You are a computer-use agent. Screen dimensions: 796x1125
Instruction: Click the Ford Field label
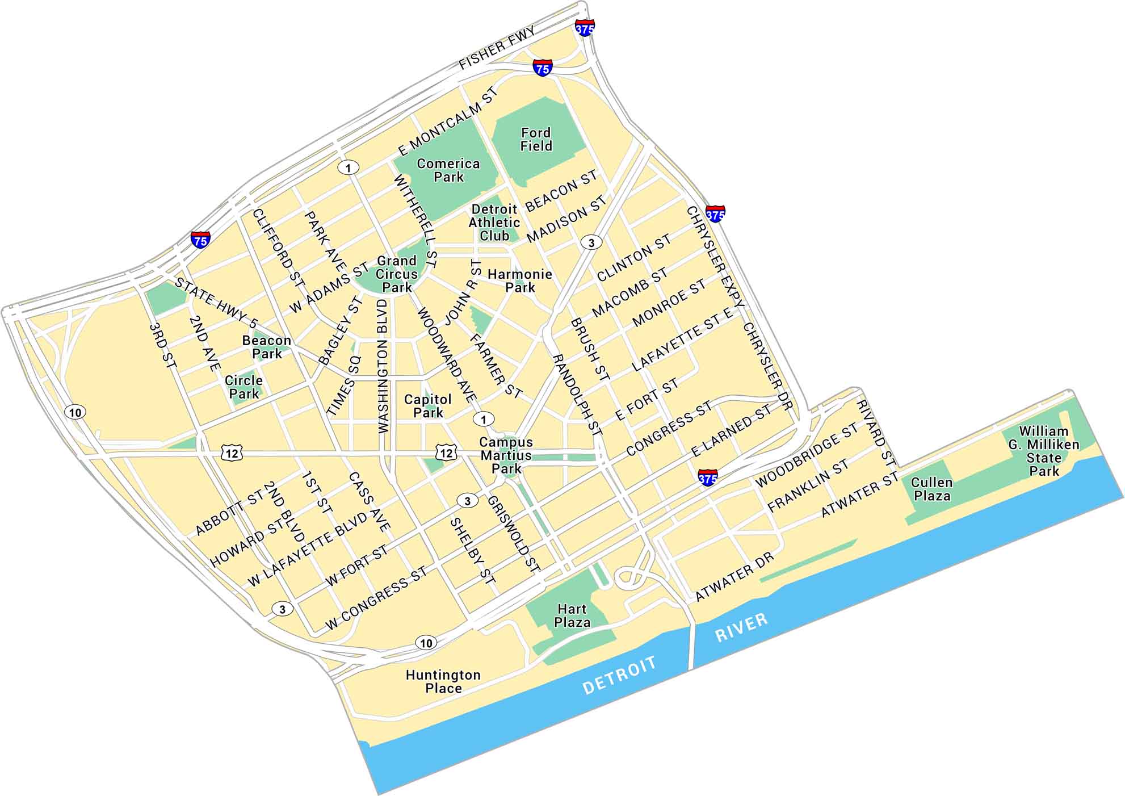point(536,140)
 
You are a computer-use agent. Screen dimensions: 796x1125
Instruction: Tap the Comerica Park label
point(448,170)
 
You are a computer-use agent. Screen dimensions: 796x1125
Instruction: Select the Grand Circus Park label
point(397,274)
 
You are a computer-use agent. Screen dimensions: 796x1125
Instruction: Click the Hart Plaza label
point(572,615)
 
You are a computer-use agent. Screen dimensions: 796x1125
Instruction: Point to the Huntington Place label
point(443,681)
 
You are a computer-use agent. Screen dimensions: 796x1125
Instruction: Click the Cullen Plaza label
point(931,489)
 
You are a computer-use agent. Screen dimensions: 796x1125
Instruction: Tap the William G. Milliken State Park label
point(1044,451)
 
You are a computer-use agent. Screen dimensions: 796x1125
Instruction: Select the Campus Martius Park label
point(506,455)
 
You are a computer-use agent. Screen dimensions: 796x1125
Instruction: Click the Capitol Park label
point(428,406)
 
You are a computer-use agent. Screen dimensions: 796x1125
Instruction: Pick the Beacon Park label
point(267,347)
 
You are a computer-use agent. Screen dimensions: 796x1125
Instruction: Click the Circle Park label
point(244,387)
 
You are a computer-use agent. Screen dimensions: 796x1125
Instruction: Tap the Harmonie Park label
point(520,281)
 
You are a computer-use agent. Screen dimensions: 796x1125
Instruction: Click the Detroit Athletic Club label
point(494,223)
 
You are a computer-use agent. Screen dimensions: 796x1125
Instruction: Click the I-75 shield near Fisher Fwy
point(543,68)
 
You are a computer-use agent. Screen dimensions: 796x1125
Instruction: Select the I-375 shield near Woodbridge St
point(707,478)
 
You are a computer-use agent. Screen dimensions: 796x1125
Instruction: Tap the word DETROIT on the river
point(619,676)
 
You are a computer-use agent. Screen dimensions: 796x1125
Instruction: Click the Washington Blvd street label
point(383,367)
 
